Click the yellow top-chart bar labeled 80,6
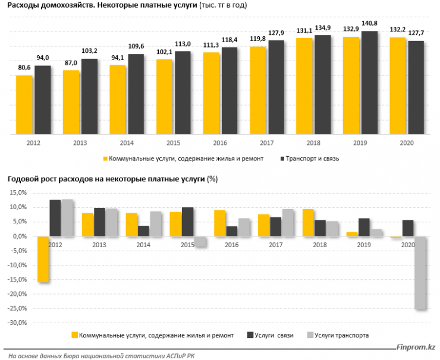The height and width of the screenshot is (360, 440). pyautogui.click(x=24, y=105)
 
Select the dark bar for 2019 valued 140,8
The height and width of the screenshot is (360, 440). pyautogui.click(x=369, y=83)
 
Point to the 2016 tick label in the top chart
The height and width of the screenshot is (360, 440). pyautogui.click(x=220, y=143)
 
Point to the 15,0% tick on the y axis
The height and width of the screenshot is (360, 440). pyautogui.click(x=15, y=192)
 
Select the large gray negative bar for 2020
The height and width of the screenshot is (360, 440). pyautogui.click(x=421, y=273)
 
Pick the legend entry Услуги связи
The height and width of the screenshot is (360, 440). pyautogui.click(x=274, y=336)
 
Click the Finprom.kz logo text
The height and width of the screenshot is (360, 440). pyautogui.click(x=416, y=347)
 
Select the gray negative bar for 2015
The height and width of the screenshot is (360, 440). pyautogui.click(x=200, y=241)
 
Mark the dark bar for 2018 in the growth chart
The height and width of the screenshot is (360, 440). pyautogui.click(x=320, y=228)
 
